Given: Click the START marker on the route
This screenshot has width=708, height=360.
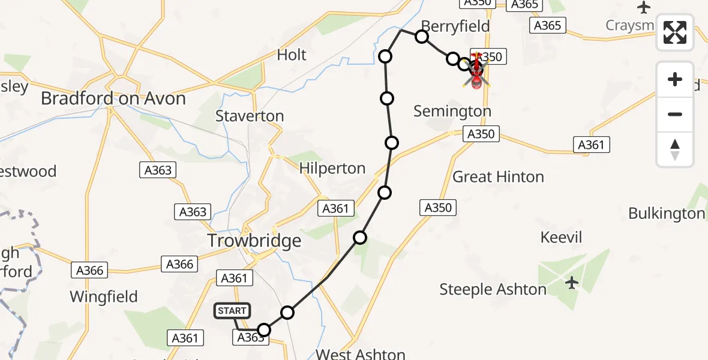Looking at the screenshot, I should [232, 311].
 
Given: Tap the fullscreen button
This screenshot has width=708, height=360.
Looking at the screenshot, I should [675, 32].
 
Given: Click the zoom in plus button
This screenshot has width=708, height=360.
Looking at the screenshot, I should [675, 79].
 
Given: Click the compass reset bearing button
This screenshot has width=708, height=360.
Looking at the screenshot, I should [675, 149].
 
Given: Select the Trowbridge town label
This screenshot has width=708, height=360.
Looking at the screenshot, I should [254, 241].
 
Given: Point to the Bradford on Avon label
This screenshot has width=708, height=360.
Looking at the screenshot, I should [113, 98].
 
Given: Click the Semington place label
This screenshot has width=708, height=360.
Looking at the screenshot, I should [452, 111].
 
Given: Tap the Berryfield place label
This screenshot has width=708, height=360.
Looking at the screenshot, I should [455, 26].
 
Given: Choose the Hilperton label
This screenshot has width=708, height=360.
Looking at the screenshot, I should [332, 169].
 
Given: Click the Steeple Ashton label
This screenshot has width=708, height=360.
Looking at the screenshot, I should [493, 290].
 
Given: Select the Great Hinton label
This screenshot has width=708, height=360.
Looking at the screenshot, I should [498, 177].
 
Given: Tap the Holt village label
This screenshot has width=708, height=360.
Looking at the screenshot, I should [292, 55].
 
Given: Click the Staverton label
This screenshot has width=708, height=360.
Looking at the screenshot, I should [250, 116].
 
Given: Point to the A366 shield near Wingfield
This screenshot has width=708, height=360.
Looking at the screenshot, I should [89, 271].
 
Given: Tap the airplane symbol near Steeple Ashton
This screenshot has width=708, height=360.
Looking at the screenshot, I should [572, 282].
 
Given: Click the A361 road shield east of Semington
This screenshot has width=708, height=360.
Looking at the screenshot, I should [592, 145].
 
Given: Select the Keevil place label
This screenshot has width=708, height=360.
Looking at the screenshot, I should [561, 237].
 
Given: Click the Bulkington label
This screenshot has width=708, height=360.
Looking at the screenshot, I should [666, 214].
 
